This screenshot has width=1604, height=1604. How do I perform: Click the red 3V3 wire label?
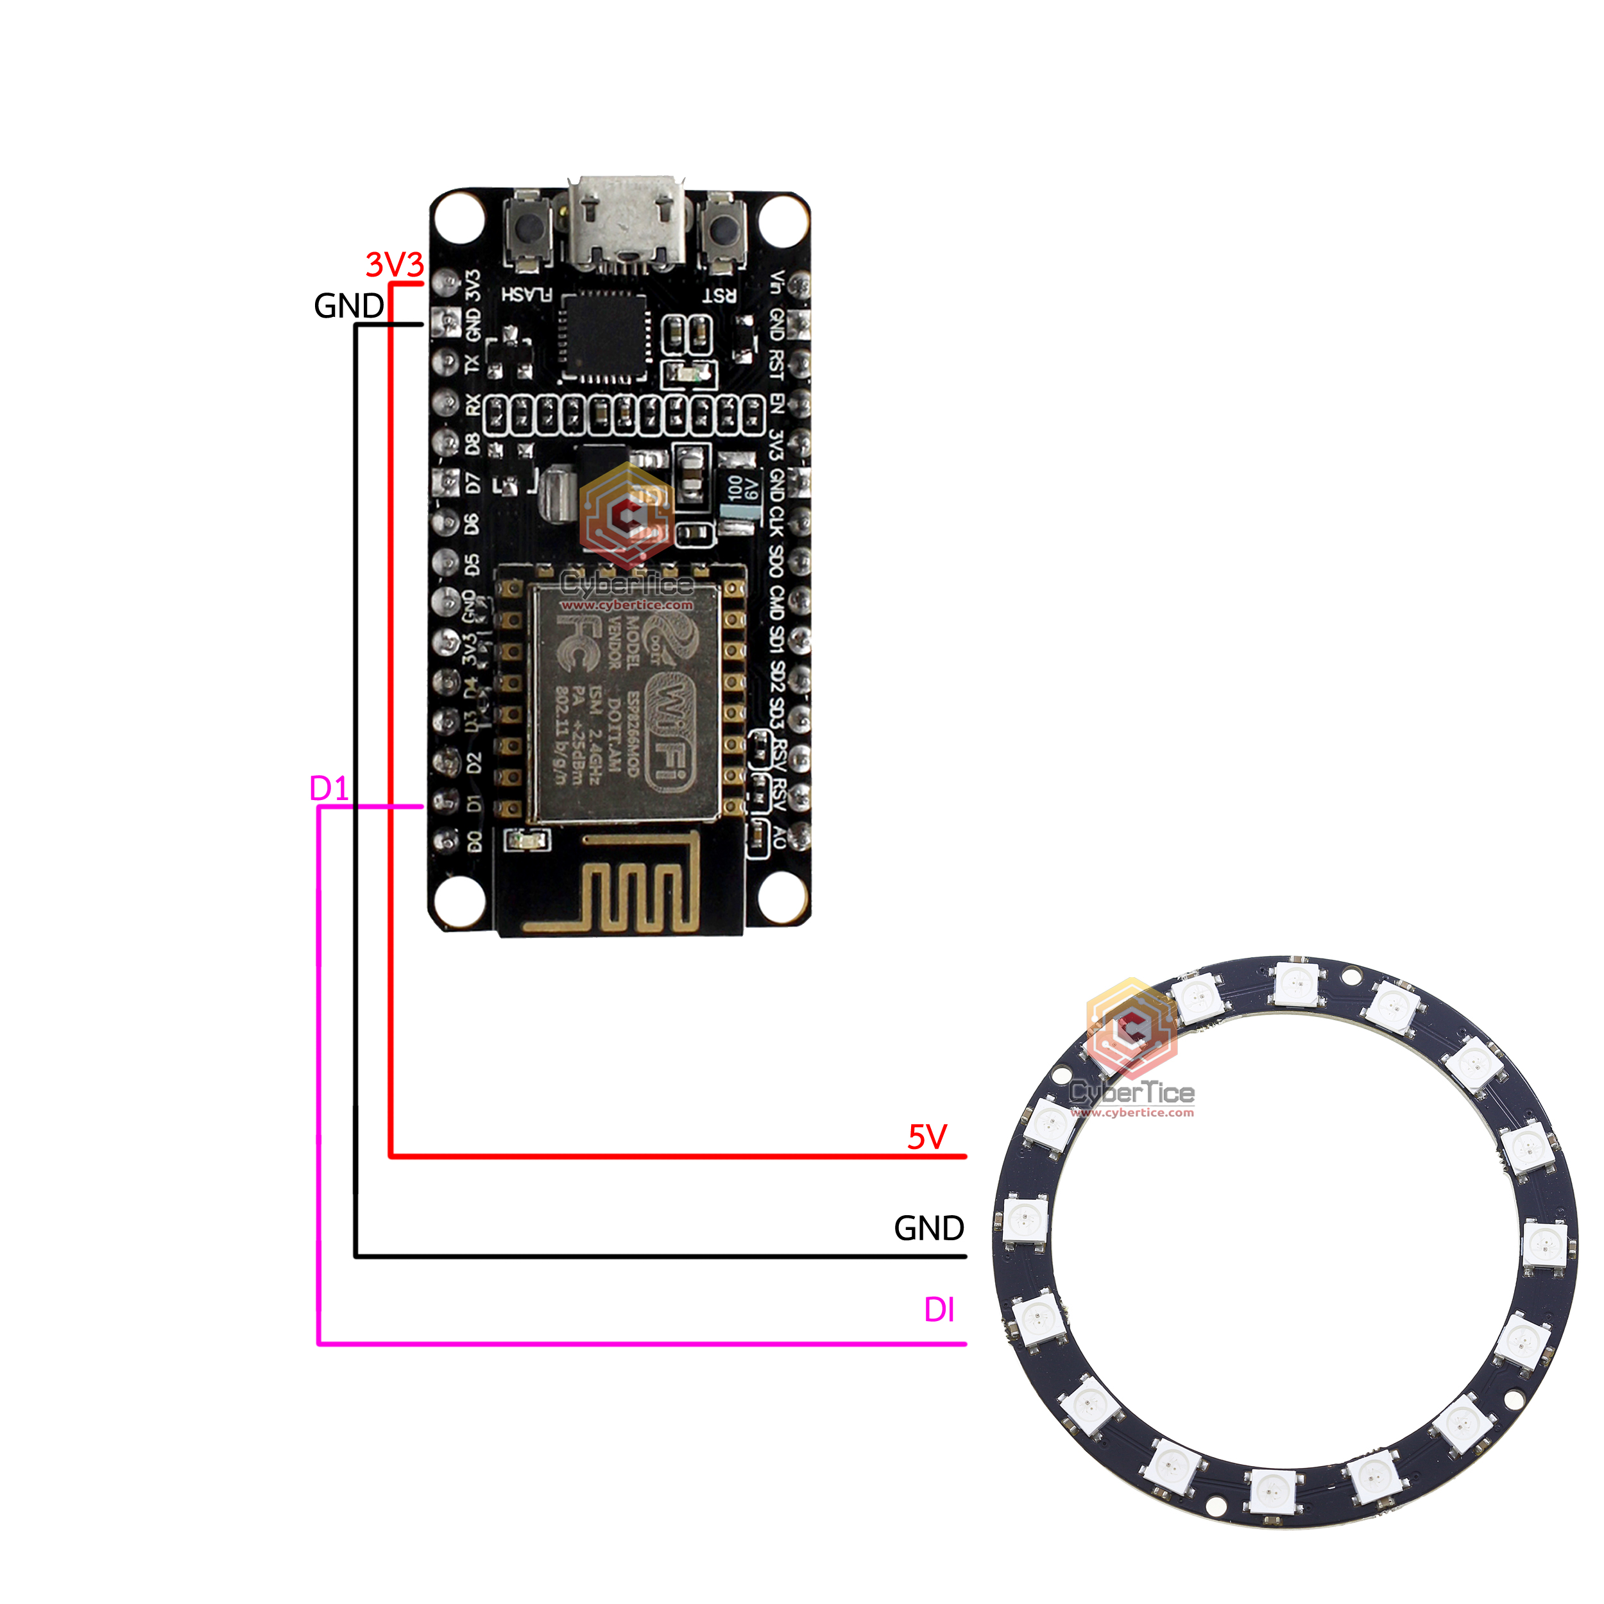(395, 265)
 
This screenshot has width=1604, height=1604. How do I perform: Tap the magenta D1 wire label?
(328, 789)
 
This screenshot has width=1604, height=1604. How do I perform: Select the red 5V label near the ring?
(926, 1136)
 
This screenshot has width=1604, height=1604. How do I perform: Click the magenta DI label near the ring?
(939, 1310)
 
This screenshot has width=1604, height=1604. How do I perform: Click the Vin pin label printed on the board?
(776, 282)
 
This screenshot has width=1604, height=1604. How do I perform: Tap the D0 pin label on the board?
(474, 842)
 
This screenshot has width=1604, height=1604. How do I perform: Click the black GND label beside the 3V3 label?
(348, 306)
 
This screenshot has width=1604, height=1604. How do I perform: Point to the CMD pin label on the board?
(776, 602)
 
